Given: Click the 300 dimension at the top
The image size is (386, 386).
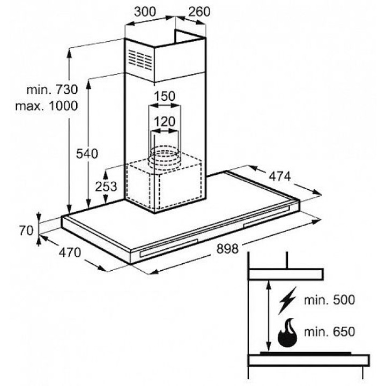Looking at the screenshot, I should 145,11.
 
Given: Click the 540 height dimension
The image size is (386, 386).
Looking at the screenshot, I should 87,154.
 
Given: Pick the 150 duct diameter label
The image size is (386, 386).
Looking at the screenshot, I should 165,96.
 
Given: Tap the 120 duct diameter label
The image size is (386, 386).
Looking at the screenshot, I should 165,122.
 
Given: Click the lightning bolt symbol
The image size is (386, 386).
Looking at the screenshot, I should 287,301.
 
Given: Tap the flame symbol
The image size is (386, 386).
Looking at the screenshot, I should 288,334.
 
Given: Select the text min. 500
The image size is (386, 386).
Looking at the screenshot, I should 329,300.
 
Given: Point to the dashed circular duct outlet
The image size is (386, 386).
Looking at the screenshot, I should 165,157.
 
